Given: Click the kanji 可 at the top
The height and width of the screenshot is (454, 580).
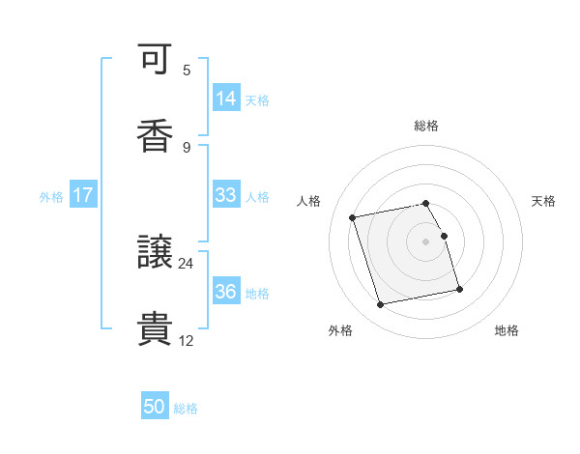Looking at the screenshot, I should click(155, 61).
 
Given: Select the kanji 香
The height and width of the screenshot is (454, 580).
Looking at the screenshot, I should click(155, 136).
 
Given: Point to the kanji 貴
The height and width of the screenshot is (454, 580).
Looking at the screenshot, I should click(155, 328).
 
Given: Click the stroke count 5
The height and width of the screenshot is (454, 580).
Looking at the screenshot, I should click(187, 71).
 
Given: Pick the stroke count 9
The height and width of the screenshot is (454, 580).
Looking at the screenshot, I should click(187, 147).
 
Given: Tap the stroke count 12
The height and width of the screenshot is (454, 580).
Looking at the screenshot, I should click(187, 339).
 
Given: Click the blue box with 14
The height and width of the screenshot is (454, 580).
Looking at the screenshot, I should click(226, 99).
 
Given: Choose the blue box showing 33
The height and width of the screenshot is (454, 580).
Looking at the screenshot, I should click(226, 195).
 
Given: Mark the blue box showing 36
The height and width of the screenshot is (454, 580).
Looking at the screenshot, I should click(226, 292).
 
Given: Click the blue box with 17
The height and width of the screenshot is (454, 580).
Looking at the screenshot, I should click(83, 195).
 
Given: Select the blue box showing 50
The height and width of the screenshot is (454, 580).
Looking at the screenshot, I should click(155, 407).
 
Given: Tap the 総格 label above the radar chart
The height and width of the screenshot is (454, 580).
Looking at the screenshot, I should click(426, 126).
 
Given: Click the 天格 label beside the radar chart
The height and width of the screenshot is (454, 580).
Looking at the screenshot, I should click(544, 201).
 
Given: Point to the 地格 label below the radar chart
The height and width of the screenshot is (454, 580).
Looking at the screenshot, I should click(507, 330).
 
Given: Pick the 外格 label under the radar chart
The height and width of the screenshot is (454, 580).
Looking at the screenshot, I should click(340, 330).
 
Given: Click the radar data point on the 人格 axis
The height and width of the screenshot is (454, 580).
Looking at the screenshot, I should click(353, 216).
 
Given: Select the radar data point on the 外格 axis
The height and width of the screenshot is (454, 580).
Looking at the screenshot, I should click(380, 305).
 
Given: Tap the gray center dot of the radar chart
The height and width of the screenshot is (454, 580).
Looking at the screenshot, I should click(426, 241).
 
